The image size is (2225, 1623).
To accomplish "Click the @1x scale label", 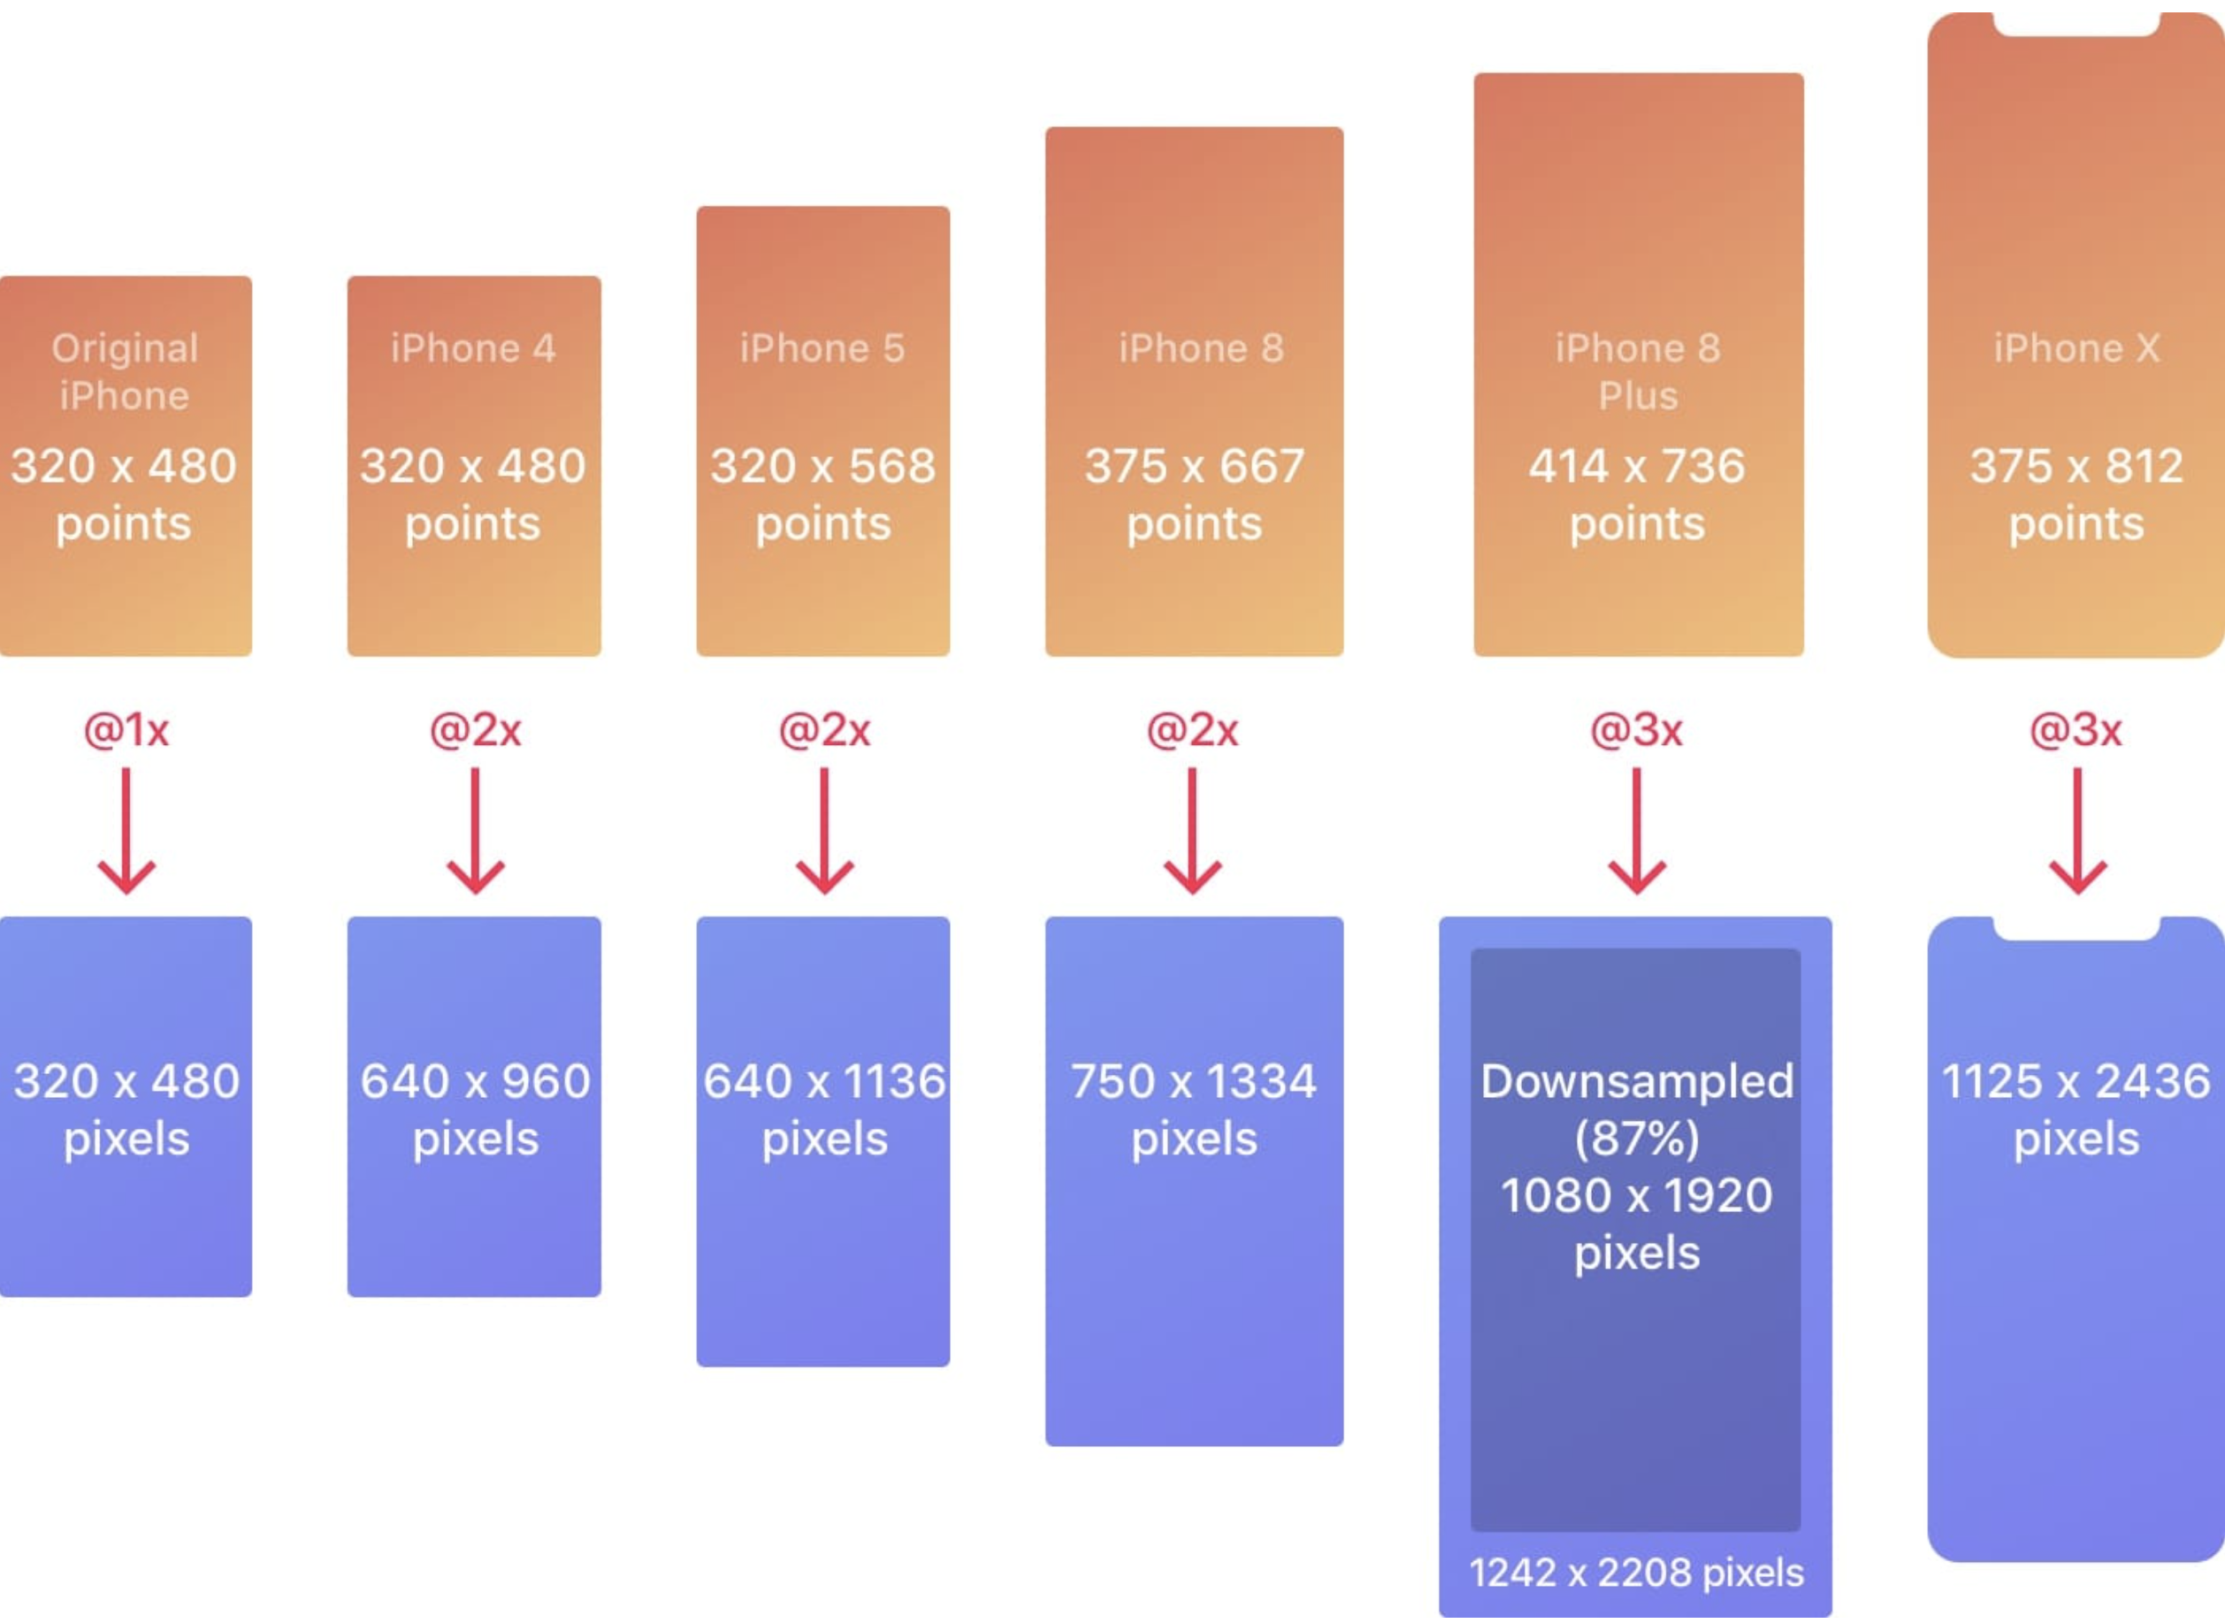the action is [x=126, y=730].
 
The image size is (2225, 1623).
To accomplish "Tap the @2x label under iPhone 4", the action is [x=475, y=730].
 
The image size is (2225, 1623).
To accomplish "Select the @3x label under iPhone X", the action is [x=2076, y=730].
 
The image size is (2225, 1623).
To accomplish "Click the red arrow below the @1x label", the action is [x=126, y=831].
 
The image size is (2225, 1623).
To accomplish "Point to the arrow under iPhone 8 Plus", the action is [x=1636, y=831].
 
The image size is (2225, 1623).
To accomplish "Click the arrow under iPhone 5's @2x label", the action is [x=823, y=831].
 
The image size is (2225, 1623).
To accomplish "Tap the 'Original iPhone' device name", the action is [x=125, y=372].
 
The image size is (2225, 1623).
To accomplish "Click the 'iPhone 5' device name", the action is [x=822, y=349].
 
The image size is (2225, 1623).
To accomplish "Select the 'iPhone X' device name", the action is [x=2076, y=349].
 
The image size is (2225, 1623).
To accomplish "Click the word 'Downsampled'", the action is [x=1636, y=1083].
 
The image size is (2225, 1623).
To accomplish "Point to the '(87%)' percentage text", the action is [x=1636, y=1139].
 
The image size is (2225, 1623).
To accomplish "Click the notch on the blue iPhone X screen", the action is [x=2076, y=929].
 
